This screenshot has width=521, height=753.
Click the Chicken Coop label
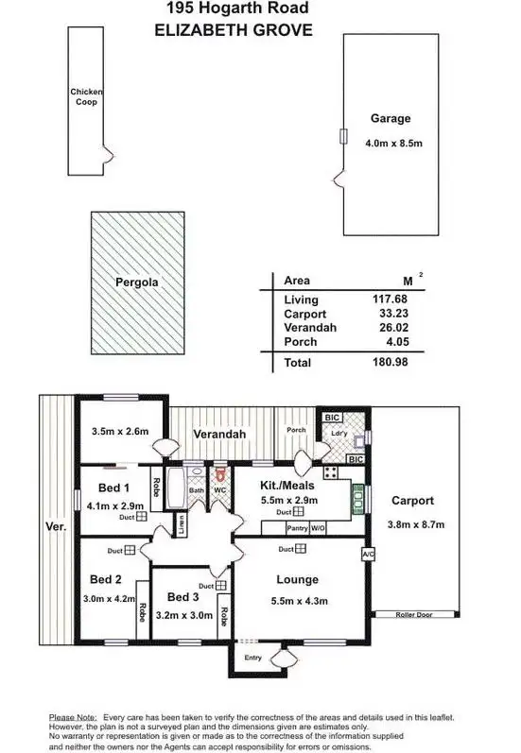tap(86, 96)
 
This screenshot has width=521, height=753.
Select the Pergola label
tap(136, 282)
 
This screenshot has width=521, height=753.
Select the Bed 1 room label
tap(113, 488)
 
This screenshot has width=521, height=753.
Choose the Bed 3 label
tap(182, 598)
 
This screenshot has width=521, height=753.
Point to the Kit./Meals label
tap(290, 485)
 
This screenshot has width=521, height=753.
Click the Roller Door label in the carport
tap(412, 616)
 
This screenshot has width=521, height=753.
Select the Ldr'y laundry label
tap(339, 436)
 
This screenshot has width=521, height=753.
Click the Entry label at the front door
tap(253, 658)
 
